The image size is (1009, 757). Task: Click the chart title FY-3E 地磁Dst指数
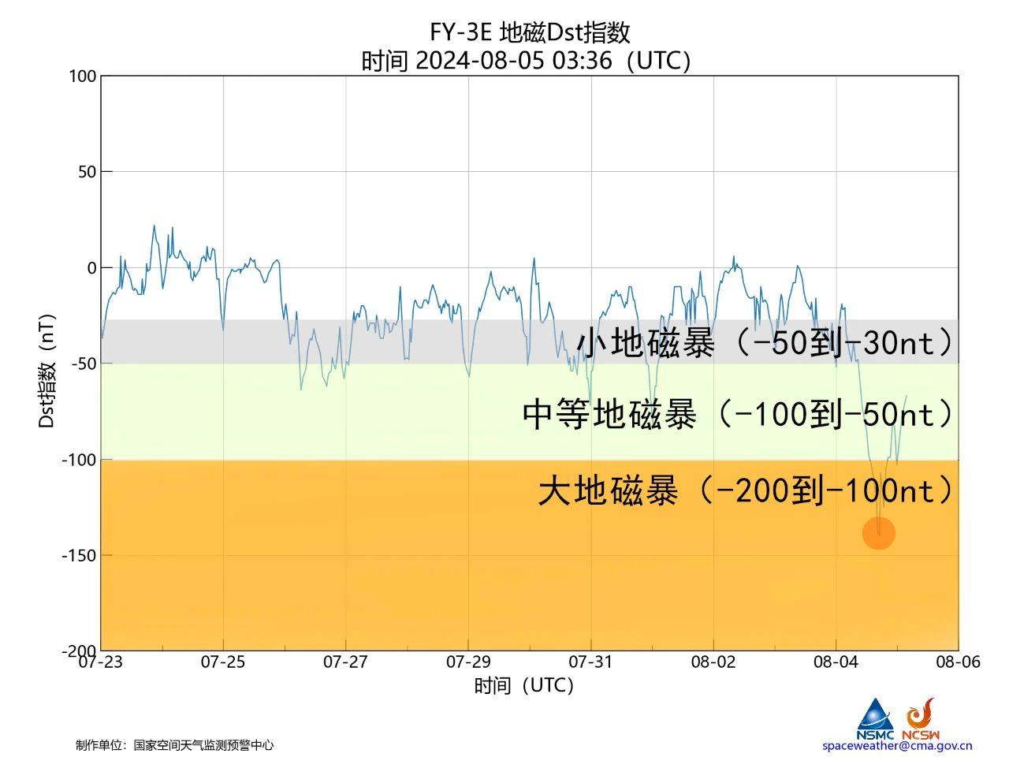(530, 32)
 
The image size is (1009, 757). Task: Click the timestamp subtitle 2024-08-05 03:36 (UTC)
(527, 61)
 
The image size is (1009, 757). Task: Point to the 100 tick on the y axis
(82, 76)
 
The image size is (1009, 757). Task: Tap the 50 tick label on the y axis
(86, 172)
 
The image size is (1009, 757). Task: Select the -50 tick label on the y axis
(83, 364)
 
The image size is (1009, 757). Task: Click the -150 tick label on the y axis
(79, 555)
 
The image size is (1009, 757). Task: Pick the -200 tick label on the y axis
(79, 651)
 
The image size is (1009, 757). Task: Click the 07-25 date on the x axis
(223, 662)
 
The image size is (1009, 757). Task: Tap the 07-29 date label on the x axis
(468, 662)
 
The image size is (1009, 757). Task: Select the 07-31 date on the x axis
(591, 662)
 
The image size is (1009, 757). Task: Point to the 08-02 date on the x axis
(713, 662)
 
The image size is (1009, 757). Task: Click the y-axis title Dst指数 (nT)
(47, 371)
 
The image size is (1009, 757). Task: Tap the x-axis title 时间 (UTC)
(524, 686)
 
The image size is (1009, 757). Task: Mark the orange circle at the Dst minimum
(879, 533)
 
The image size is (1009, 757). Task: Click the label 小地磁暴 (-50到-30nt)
(765, 343)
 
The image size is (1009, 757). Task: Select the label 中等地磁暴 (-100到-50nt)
(738, 413)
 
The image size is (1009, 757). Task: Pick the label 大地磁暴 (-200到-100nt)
(746, 490)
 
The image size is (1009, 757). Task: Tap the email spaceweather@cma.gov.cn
(897, 745)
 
